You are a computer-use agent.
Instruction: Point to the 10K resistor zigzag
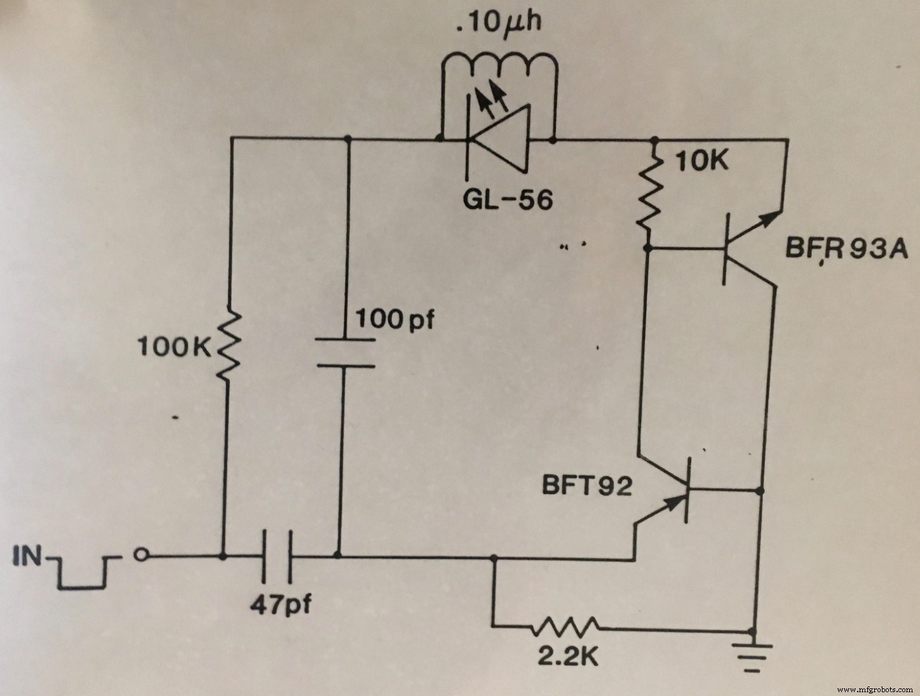pos(649,194)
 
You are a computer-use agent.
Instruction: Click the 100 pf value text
pos(395,319)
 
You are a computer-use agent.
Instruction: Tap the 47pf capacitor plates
pos(277,557)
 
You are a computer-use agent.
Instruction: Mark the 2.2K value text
pos(567,657)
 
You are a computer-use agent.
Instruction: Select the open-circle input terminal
pos(142,557)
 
